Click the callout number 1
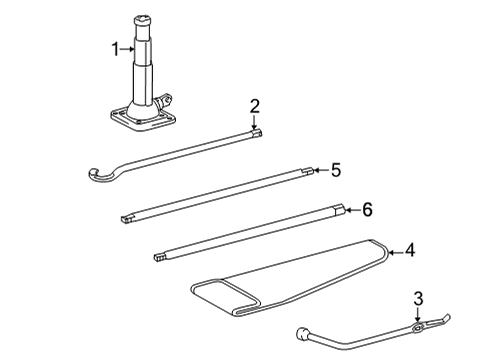click(x=115, y=47)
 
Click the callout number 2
click(x=255, y=105)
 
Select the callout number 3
click(x=418, y=297)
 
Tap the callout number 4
click(x=411, y=251)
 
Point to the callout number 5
click(x=336, y=170)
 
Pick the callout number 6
click(x=367, y=210)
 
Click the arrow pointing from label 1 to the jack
click(x=130, y=47)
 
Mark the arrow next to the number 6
click(x=352, y=210)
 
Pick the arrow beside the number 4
click(x=396, y=251)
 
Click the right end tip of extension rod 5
click(x=309, y=170)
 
